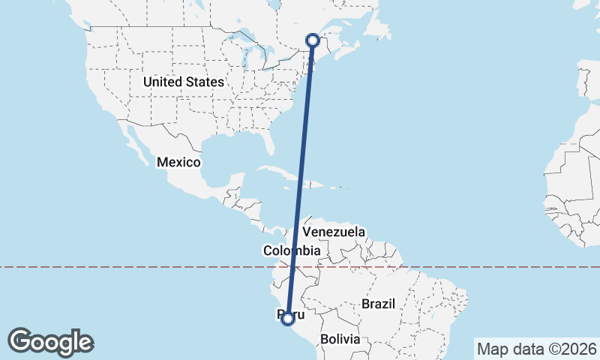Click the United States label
[x=184, y=81]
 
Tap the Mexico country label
[x=178, y=162]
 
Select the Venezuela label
[x=334, y=232]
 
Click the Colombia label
[x=292, y=250]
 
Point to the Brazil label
[x=378, y=304]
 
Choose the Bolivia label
[x=340, y=339]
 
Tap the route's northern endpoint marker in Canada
[x=313, y=40]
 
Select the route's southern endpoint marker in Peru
[x=287, y=319]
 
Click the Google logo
[x=50, y=341]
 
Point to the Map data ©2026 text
[x=536, y=349]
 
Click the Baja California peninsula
[x=138, y=146]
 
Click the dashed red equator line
[x=150, y=266]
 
